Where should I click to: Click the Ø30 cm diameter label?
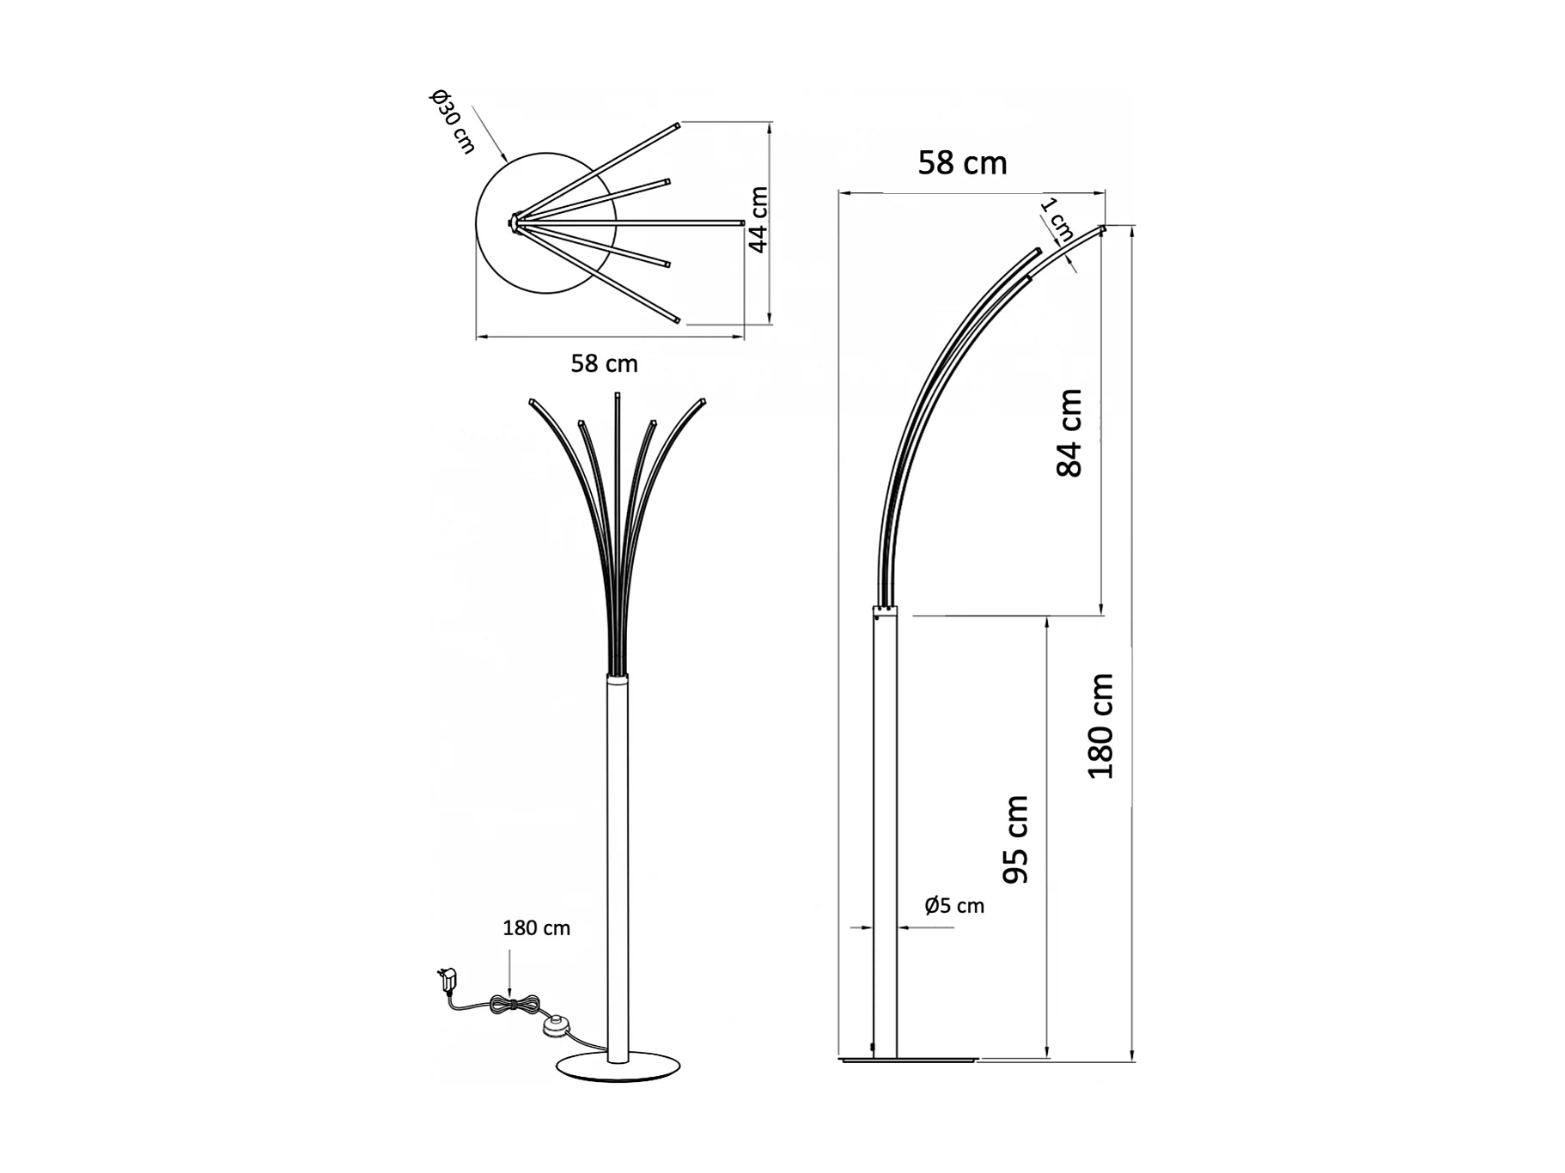[x=452, y=122]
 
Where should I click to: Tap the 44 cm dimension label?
[x=758, y=220]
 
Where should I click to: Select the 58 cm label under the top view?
[x=604, y=364]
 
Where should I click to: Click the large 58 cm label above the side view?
[x=962, y=163]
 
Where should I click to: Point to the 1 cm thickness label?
[x=1057, y=220]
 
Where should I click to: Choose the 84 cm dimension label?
[x=1069, y=433]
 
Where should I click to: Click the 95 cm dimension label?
[x=1016, y=839]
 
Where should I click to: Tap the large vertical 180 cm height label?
[x=1100, y=726]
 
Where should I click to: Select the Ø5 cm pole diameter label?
[x=954, y=906]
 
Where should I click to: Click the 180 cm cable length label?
[x=536, y=928]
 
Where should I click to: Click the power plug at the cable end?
[x=448, y=978]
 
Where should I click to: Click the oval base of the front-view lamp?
[x=618, y=1067]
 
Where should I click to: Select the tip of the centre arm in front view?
[x=617, y=396]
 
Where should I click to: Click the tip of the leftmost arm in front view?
[x=533, y=402]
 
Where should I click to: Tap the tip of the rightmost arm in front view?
[x=703, y=402]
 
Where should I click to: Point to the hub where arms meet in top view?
[x=514, y=222]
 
